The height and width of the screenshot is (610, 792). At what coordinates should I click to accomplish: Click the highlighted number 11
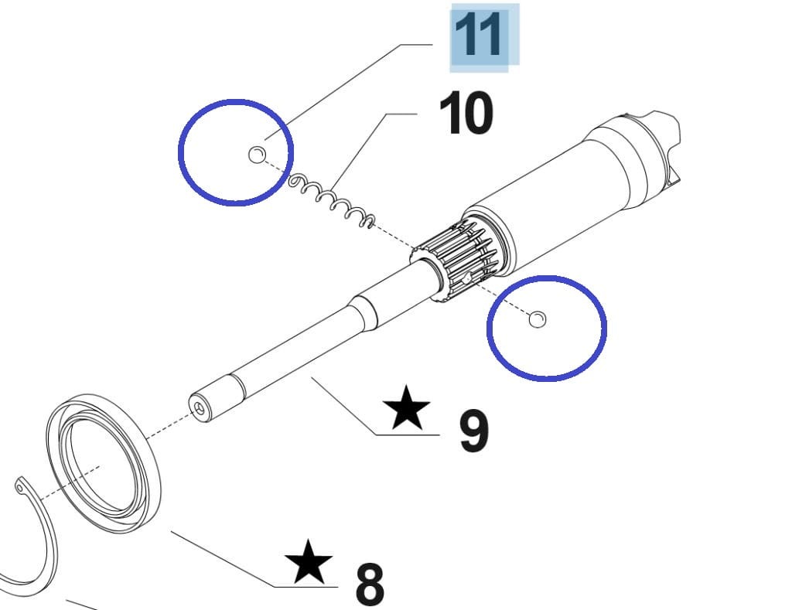coord(478,35)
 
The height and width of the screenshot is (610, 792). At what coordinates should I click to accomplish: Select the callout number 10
coord(466,113)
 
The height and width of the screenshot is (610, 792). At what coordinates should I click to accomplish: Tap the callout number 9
coord(474,431)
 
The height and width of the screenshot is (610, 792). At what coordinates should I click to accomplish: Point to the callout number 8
coord(370,584)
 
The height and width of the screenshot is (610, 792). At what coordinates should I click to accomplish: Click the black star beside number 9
coord(406,408)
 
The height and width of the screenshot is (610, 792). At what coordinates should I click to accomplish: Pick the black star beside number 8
coord(308,561)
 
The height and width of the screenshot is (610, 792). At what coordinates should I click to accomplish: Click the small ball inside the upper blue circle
coord(257,155)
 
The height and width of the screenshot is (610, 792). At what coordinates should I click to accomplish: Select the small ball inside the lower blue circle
coord(538,319)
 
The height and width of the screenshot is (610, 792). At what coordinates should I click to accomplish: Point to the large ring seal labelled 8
coord(104,464)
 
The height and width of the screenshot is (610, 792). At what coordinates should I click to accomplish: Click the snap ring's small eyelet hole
coord(19,488)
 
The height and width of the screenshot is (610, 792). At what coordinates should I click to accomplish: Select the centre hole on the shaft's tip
coord(200,409)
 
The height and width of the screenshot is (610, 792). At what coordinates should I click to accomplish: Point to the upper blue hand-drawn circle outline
coord(236,152)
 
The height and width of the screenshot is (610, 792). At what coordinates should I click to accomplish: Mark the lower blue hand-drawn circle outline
coord(547,328)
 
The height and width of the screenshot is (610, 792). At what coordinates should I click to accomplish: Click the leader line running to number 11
coord(349,92)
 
